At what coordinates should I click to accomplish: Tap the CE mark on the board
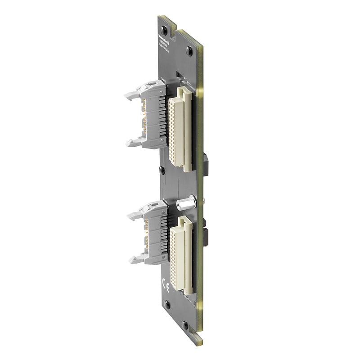click(x=165, y=284)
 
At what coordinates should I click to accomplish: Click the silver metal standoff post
click(x=185, y=203)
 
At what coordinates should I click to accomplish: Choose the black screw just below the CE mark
click(x=167, y=304)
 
